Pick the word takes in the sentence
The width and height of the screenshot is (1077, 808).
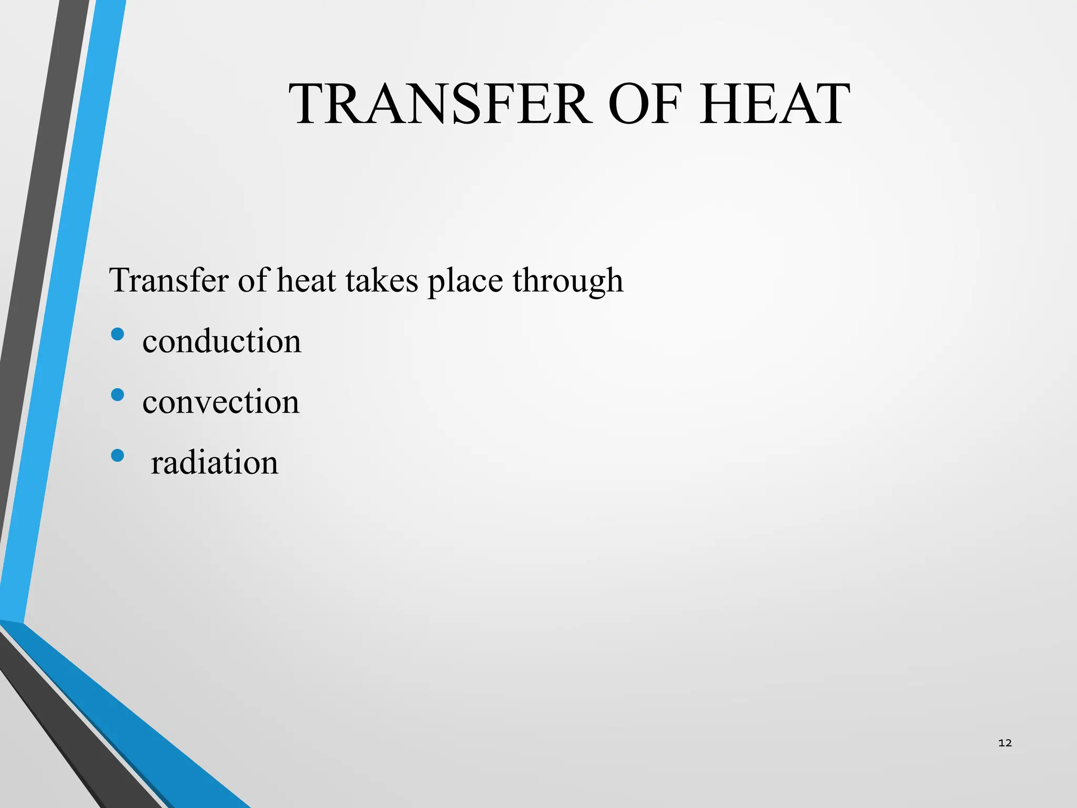tap(382, 280)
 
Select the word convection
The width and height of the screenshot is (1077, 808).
tap(221, 402)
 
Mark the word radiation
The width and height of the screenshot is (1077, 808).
tap(215, 463)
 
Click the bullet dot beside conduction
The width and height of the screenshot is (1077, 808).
tap(118, 334)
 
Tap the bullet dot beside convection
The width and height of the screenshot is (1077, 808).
tap(118, 395)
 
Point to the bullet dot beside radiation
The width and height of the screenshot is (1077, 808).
tap(118, 455)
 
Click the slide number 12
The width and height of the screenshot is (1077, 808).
tap(1005, 743)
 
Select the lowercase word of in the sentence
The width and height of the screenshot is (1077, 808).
tap(253, 280)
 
